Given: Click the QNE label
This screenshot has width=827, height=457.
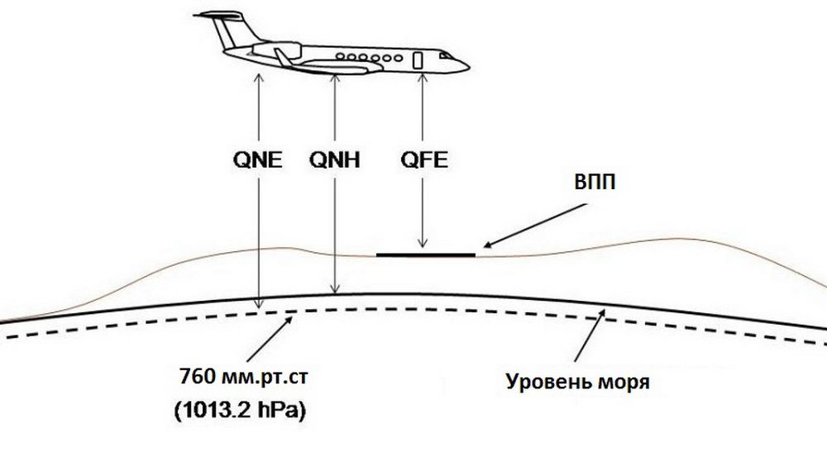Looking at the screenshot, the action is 258,159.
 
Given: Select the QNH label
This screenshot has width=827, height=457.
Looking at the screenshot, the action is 335,159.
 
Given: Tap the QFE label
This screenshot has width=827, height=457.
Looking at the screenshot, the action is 424,159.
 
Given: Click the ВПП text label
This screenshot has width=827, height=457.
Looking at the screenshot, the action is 595,183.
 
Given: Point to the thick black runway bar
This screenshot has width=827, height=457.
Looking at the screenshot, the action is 426,255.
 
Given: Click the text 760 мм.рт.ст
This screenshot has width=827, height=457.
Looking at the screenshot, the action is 244,378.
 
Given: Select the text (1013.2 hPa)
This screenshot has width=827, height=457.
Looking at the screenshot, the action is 241,411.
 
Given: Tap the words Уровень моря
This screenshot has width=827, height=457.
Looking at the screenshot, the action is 578,381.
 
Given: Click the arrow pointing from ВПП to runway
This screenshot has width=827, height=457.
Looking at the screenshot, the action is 535,226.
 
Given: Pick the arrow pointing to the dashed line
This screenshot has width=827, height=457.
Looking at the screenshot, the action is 270,338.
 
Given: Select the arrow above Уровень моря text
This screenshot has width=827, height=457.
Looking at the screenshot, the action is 590,336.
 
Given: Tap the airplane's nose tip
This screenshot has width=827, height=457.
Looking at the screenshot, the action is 468,67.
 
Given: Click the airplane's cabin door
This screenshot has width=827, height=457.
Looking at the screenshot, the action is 418,60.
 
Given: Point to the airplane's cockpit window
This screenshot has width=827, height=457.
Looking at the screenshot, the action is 446,55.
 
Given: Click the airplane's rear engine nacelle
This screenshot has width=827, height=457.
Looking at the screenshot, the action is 277,50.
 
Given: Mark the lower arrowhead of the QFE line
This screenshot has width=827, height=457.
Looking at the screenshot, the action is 422,243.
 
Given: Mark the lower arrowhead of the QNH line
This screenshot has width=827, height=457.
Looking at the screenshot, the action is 335,289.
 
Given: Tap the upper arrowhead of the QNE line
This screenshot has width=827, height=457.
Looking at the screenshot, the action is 258,78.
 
